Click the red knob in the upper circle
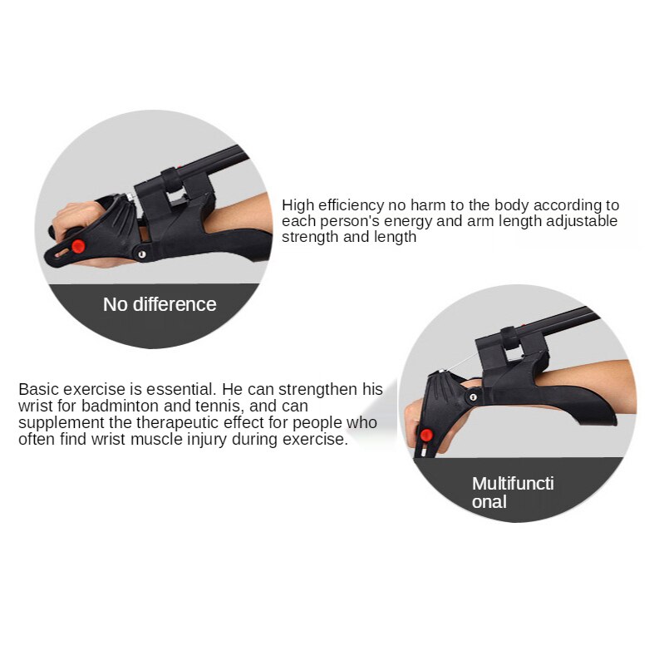coord(78,246)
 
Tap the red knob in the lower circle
coord(426,435)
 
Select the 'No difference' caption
coord(160,304)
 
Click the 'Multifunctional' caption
coord(513,492)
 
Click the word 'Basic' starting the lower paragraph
coord(38,389)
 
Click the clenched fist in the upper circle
coord(75,218)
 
